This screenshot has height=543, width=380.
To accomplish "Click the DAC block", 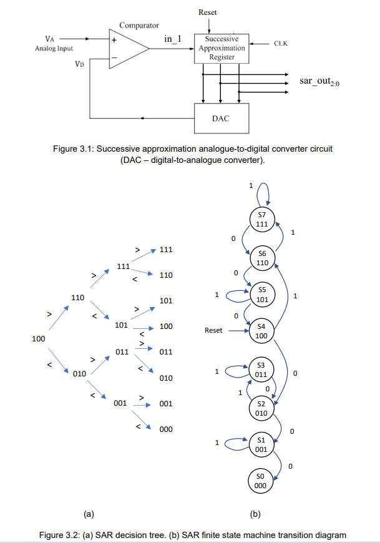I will (221, 118).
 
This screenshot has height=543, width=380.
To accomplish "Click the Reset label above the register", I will (208, 12).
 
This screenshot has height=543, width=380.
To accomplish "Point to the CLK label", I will (281, 44).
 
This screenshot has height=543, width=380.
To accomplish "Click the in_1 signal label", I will (172, 39).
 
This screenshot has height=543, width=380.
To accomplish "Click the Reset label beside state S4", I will (213, 330).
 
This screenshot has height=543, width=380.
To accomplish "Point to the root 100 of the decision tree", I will (39, 339).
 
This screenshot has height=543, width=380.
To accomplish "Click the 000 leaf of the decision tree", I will (166, 429).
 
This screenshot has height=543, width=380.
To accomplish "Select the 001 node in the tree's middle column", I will (121, 404).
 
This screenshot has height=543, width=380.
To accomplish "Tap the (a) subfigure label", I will (89, 514).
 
